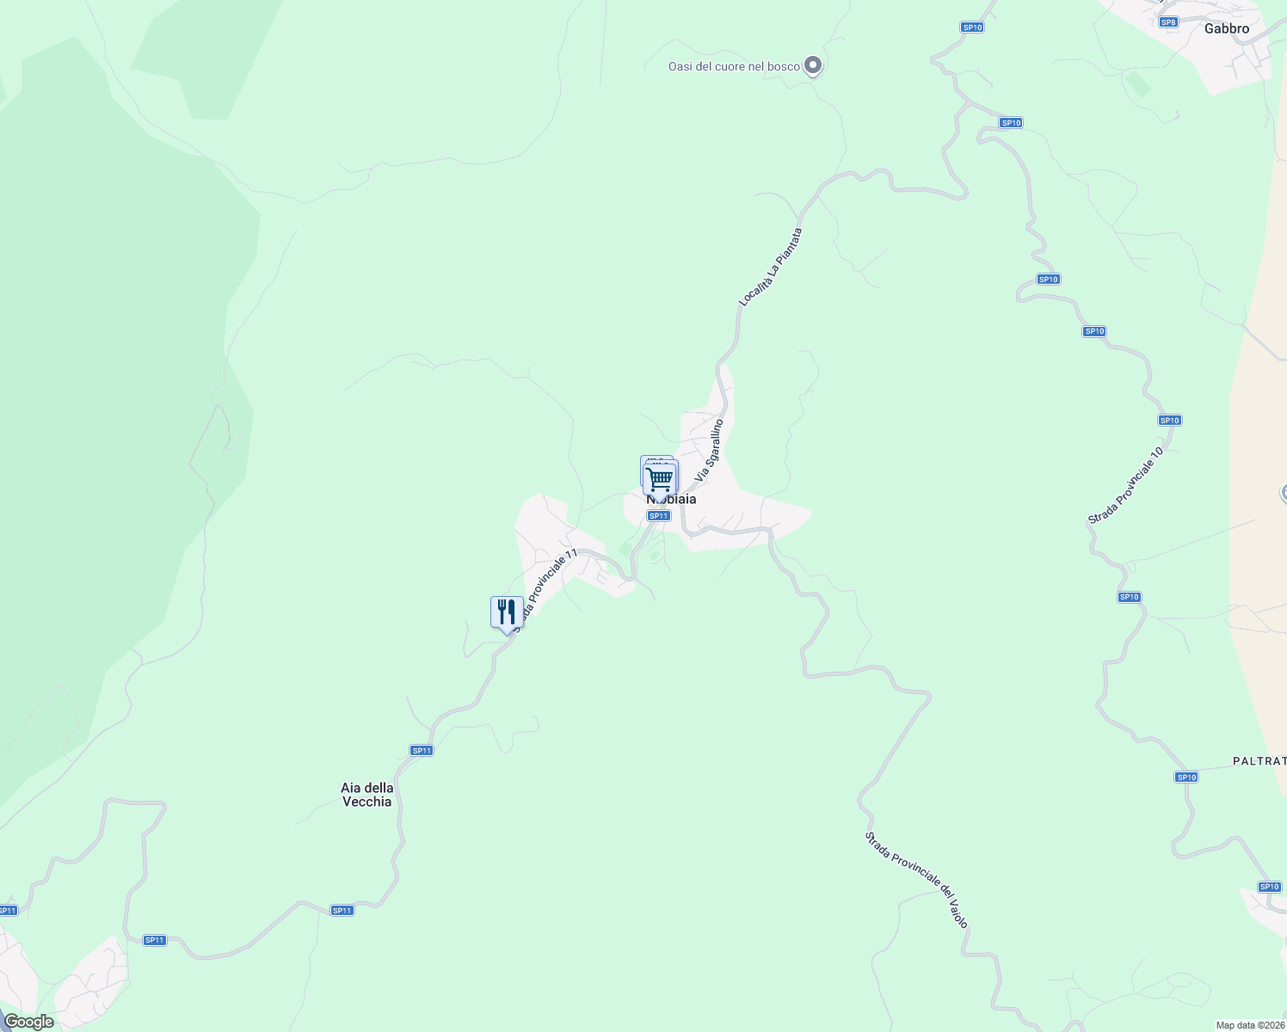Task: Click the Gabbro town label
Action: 1226,28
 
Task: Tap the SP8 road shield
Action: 1167,22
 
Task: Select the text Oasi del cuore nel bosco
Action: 734,66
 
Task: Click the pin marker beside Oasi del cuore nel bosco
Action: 812,65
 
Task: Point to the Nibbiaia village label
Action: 672,500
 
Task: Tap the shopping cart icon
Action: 660,477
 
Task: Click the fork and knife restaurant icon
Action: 507,612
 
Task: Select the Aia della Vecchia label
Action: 366,795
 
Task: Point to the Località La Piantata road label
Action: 771,267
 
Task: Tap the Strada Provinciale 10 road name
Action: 1126,486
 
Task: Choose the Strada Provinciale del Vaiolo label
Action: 917,879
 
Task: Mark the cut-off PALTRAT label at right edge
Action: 1259,761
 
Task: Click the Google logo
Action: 28,1022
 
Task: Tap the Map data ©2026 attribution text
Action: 1250,1025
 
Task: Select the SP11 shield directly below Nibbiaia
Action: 658,516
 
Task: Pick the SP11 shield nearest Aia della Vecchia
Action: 422,751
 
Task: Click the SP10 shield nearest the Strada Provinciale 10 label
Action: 1169,421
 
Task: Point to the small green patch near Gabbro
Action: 1138,84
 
